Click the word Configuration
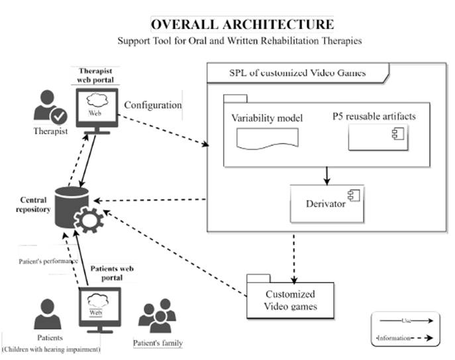click(153, 105)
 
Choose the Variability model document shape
click(267, 138)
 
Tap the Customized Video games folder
click(289, 298)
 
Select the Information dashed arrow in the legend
click(405, 338)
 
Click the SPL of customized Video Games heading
click(288, 72)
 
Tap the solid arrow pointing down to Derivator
click(325, 175)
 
